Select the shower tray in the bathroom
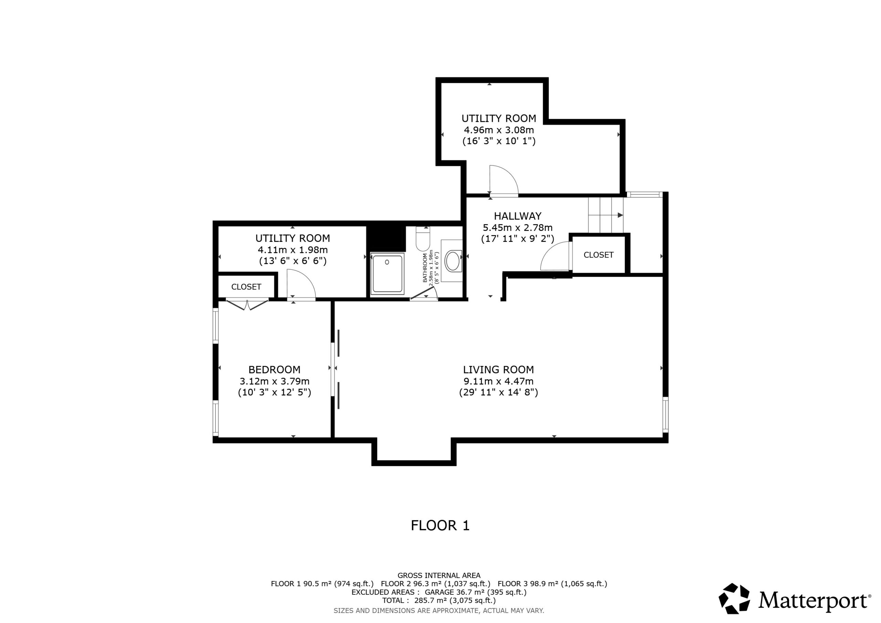(387, 274)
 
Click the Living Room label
(498, 370)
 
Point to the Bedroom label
(274, 370)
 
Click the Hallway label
(518, 216)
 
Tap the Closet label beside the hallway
(598, 255)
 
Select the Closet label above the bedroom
(246, 287)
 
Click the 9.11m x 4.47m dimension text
(498, 381)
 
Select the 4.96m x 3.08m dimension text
(499, 130)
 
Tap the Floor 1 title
(440, 526)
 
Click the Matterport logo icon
(734, 599)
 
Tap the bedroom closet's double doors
(247, 304)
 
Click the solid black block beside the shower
(386, 239)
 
